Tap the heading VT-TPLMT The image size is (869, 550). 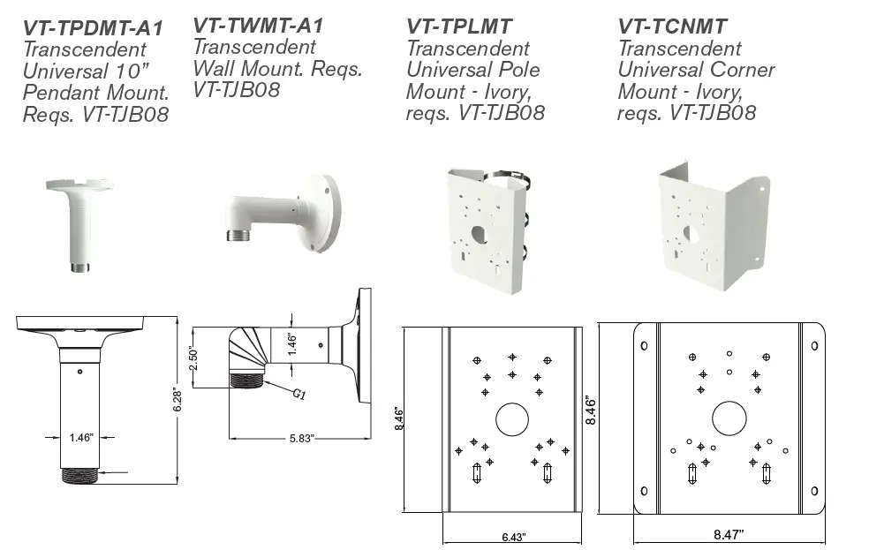(459, 28)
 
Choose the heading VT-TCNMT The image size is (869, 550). (672, 28)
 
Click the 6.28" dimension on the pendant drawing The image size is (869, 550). (178, 399)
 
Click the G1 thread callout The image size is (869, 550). (298, 394)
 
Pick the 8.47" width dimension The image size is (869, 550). (728, 533)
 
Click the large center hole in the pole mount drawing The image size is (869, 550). (510, 418)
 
